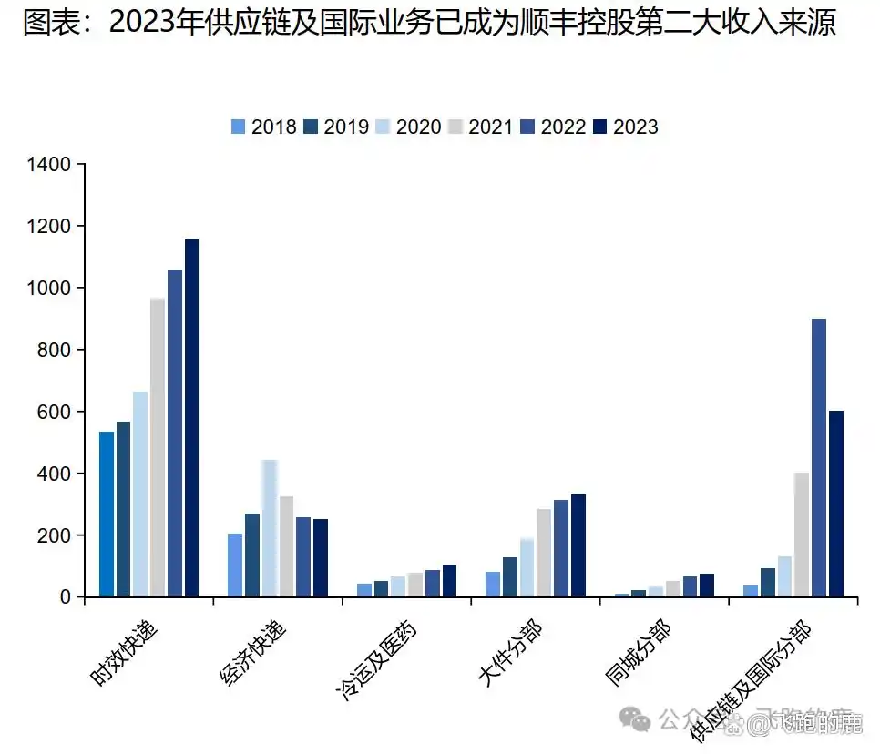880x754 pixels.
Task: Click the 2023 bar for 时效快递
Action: tap(191, 418)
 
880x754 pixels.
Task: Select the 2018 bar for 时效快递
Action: tap(107, 514)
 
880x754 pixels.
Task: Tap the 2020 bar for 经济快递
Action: tap(270, 528)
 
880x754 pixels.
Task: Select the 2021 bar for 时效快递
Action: tap(158, 447)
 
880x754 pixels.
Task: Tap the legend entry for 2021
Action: tap(481, 127)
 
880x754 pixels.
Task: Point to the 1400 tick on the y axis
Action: tap(49, 165)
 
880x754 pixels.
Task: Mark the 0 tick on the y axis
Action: tap(65, 597)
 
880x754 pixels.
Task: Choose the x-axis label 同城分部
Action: tap(638, 654)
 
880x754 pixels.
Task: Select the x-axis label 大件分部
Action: tap(510, 654)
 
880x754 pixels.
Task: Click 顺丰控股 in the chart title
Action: tap(588, 23)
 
